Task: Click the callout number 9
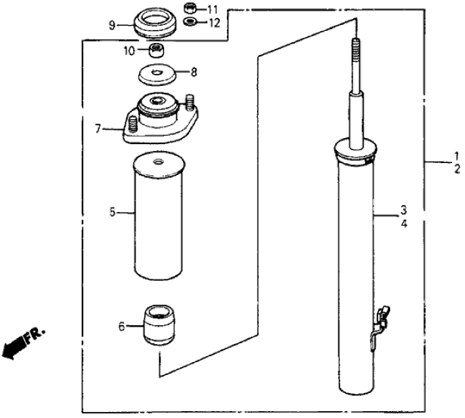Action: [111, 24]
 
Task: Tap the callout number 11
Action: [212, 9]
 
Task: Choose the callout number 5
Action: [112, 214]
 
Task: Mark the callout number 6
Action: [121, 327]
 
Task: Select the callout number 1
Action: [456, 157]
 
